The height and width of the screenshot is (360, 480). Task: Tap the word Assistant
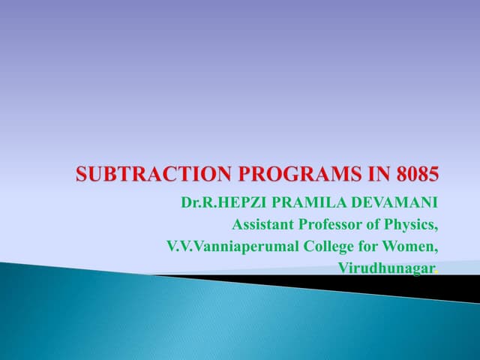point(264,224)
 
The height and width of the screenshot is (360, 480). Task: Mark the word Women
point(410,246)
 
